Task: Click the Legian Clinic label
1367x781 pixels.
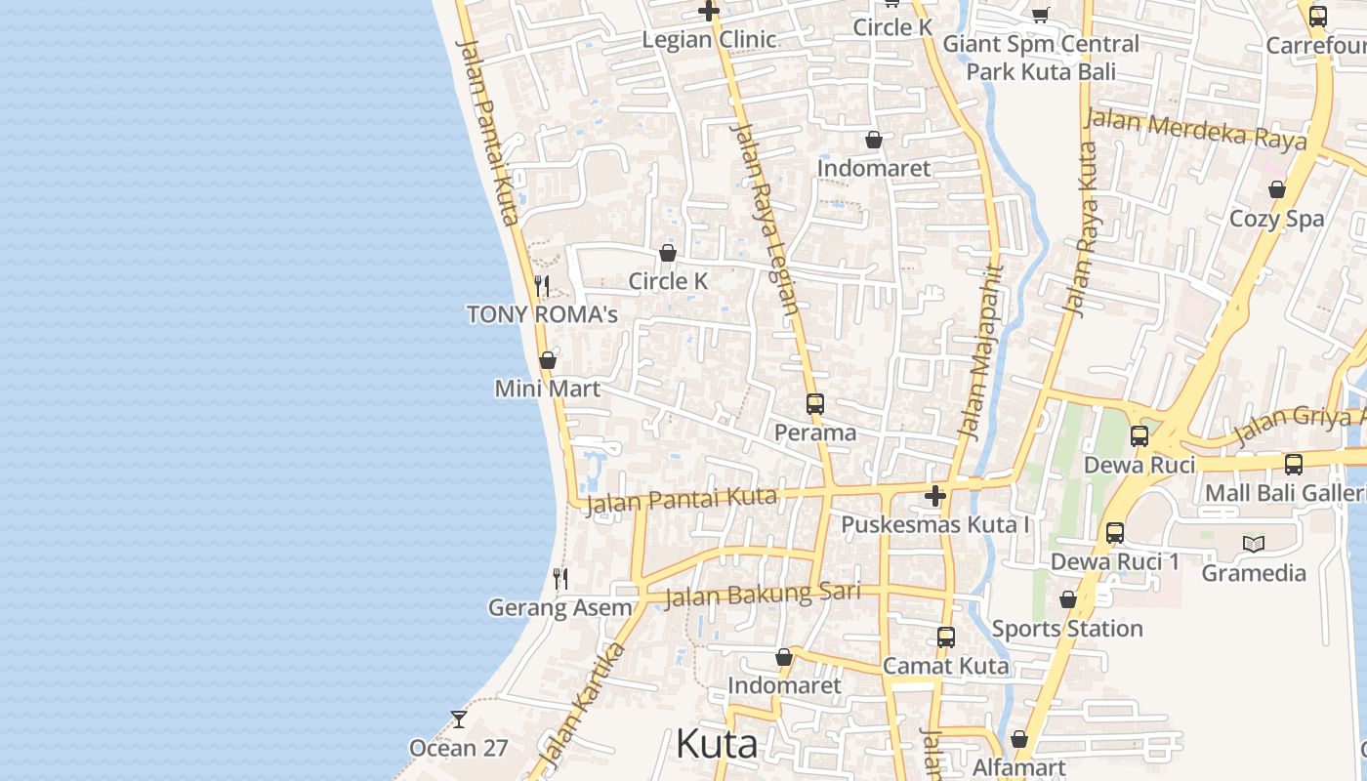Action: [x=709, y=40]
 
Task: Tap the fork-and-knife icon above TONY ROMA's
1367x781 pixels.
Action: [x=542, y=286]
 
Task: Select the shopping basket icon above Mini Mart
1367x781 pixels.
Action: [x=548, y=360]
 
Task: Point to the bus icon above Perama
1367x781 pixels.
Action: [x=814, y=403]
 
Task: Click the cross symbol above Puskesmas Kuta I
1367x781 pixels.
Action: [x=935, y=496]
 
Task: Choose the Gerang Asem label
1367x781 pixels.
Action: [x=559, y=607]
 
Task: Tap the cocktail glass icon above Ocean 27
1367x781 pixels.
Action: [x=458, y=719]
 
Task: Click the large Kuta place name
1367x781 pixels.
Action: [x=716, y=744]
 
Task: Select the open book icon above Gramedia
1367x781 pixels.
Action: [x=1254, y=544]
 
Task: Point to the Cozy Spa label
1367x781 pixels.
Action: [x=1276, y=219]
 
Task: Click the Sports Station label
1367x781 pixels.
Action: [x=1066, y=629]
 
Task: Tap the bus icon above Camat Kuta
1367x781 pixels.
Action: [x=945, y=637]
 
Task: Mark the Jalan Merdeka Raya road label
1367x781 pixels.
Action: [x=1195, y=129]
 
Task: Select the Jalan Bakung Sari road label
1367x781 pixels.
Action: [x=762, y=594]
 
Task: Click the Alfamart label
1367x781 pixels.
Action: [x=1018, y=767]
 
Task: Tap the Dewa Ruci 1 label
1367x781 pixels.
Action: [x=1114, y=562]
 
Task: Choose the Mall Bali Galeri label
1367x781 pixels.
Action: [x=1285, y=493]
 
